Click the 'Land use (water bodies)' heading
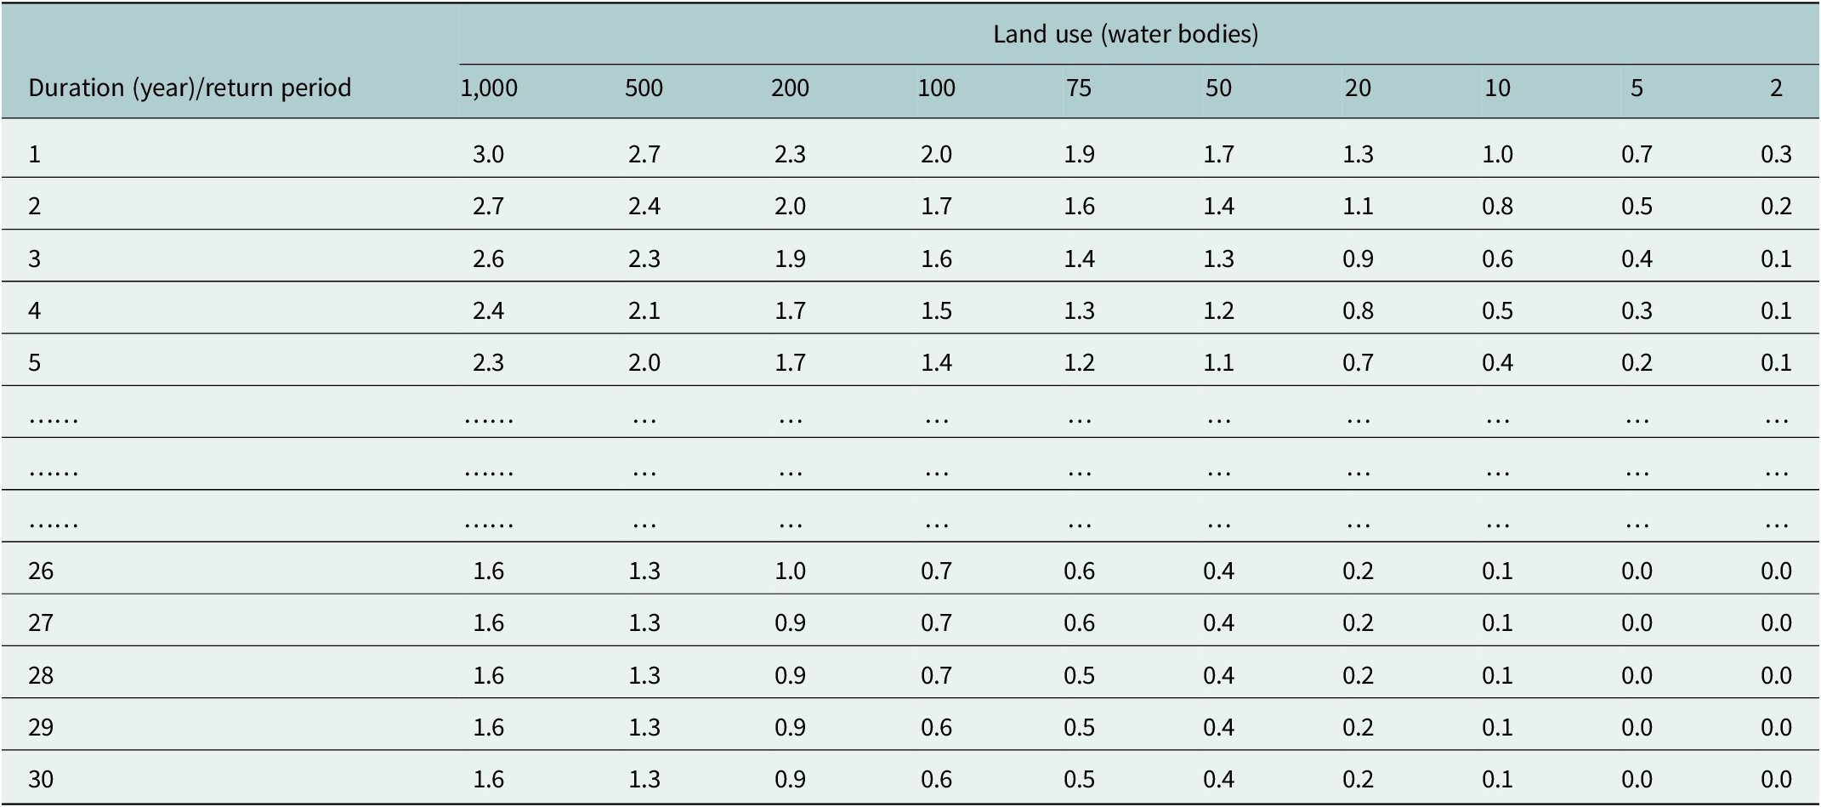pyautogui.click(x=1126, y=34)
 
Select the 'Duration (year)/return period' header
pyautogui.click(x=190, y=88)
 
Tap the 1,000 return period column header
pyautogui.click(x=489, y=88)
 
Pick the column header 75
pyautogui.click(x=1079, y=88)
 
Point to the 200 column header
pyautogui.click(x=790, y=88)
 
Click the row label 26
pyautogui.click(x=41, y=571)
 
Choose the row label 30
pyautogui.click(x=41, y=779)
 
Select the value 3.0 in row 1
pyautogui.click(x=489, y=154)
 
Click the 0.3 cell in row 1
pyautogui.click(x=1776, y=154)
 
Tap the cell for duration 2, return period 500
pyautogui.click(x=644, y=206)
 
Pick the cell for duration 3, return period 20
pyautogui.click(x=1358, y=259)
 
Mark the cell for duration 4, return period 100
pyautogui.click(x=936, y=310)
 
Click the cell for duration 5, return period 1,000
pyautogui.click(x=489, y=363)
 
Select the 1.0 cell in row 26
pyautogui.click(x=790, y=571)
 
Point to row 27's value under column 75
pyautogui.click(x=1079, y=622)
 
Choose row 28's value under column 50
pyautogui.click(x=1218, y=675)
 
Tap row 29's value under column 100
pyautogui.click(x=936, y=727)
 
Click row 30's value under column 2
pyautogui.click(x=1776, y=779)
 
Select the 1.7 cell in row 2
pyautogui.click(x=936, y=206)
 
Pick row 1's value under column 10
pyautogui.click(x=1497, y=154)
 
